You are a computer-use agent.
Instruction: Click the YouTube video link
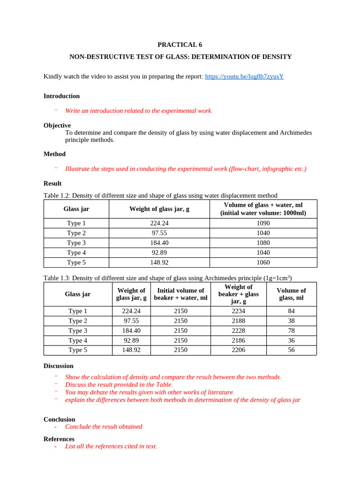point(244,76)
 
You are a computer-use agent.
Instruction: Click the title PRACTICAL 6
point(180,45)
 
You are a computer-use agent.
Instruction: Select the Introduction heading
point(61,96)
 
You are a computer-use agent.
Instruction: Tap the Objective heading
point(57,126)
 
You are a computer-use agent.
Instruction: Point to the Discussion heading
point(59,366)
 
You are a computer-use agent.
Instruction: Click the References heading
point(59,439)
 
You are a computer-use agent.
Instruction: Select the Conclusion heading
point(60,420)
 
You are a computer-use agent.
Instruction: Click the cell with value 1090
point(263,223)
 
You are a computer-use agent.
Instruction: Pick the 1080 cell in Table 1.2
point(263,243)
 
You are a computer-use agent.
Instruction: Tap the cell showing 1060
point(263,262)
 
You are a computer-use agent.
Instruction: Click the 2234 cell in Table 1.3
point(239,311)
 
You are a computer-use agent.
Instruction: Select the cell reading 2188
point(239,321)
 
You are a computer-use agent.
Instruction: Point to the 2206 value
point(239,350)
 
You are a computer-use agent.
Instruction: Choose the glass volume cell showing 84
point(291,311)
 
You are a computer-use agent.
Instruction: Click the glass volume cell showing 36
point(291,340)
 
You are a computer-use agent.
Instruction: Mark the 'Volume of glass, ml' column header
point(291,294)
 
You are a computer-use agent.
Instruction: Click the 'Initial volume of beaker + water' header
point(180,294)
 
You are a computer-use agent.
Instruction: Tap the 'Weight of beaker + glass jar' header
point(239,294)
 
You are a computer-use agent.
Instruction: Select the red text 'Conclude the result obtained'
point(104,427)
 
